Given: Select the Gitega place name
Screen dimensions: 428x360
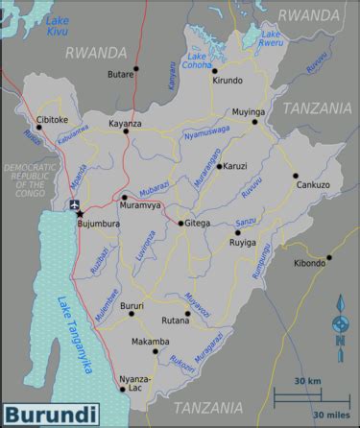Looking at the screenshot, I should click(x=198, y=224).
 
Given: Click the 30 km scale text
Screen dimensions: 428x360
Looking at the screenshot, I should click(x=307, y=381).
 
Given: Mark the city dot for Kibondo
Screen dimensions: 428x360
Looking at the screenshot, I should click(x=329, y=256).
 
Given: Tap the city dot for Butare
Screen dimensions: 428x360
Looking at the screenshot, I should click(x=135, y=68).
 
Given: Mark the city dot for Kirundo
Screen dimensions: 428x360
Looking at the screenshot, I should click(x=215, y=70).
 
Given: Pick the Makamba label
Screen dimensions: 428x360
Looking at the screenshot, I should click(x=149, y=342).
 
